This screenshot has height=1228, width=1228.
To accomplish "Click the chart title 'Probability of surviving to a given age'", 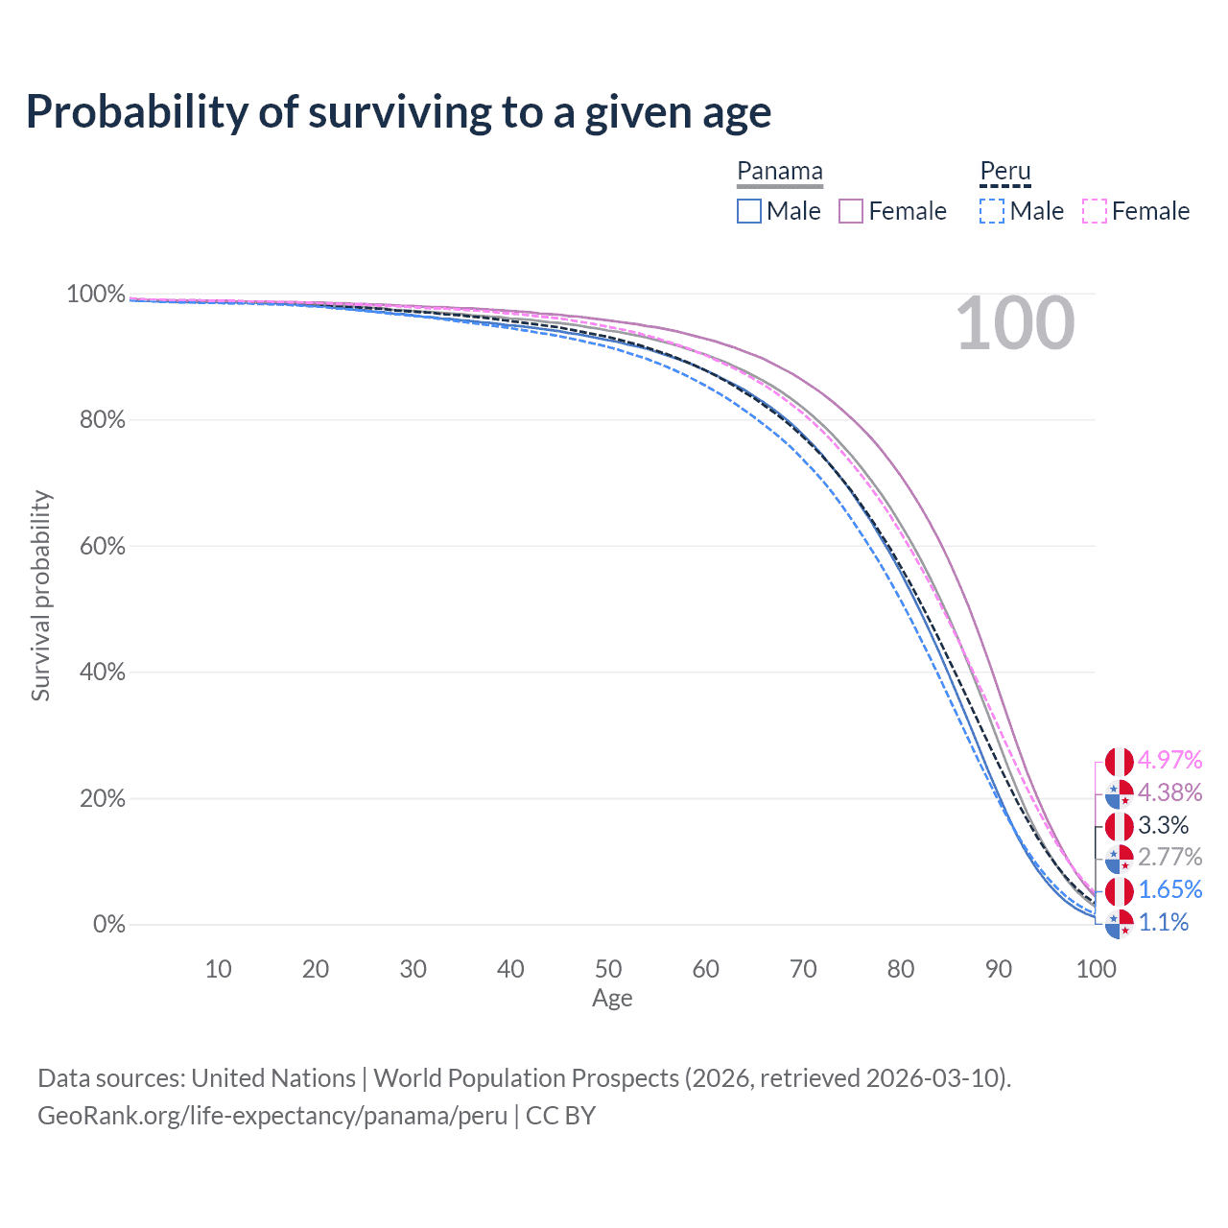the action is point(398,113).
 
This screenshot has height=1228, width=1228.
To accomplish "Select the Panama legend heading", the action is point(779,171).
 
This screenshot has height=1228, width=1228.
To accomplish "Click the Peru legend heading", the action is point(1005,171).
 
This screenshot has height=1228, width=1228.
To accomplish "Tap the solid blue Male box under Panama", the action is point(748,211).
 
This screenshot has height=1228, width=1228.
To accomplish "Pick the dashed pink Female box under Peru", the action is point(1095,211).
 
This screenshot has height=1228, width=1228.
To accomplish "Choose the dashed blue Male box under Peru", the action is point(992,211).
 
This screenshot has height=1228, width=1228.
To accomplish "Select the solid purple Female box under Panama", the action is point(850,211).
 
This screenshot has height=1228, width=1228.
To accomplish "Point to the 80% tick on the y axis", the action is point(102,420).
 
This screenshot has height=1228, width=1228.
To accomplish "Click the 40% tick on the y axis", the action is point(102,672).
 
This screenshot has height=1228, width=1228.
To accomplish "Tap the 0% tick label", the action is point(109,924).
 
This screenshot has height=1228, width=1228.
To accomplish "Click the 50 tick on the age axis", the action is point(608,969).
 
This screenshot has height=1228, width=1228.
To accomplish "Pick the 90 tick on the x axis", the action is point(998,969).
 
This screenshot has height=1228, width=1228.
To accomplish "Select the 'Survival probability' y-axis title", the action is point(41,596).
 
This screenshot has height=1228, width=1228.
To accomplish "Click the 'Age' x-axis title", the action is point(612,999).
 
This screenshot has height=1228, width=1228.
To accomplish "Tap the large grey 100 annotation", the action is point(1015,323).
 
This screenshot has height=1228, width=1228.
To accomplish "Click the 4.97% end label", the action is point(1169,760).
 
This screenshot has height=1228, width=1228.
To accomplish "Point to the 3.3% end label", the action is point(1163,825).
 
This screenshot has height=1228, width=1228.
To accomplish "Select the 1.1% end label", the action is point(1163,922).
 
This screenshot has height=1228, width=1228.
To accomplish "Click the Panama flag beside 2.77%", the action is point(1119,858).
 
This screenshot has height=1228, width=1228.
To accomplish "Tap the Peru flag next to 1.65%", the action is point(1119,891).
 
